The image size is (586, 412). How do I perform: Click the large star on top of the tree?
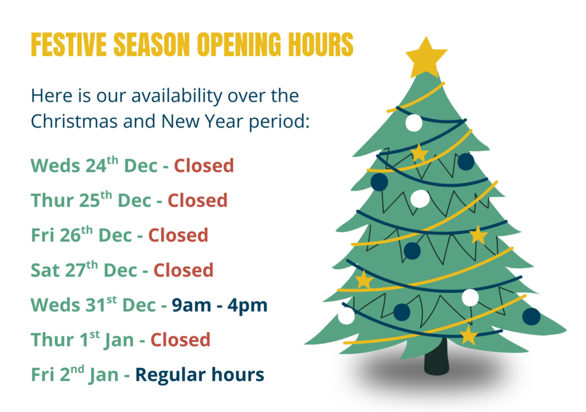(426, 57)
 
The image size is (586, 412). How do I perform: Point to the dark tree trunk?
(437, 358)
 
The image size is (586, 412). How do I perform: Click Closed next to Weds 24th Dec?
(204, 166)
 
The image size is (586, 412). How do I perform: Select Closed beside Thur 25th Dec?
(197, 201)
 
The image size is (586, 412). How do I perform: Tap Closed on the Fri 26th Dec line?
(179, 235)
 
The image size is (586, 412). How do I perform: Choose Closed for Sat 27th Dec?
(184, 270)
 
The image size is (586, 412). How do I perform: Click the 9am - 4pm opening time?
(220, 305)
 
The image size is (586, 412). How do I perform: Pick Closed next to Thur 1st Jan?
(180, 340)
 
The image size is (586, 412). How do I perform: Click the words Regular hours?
(200, 375)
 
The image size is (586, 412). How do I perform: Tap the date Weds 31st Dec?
(93, 305)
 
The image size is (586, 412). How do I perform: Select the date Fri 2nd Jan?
(75, 374)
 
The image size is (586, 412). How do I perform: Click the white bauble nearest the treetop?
(414, 123)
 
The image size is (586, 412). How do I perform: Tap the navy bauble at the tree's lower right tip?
(532, 317)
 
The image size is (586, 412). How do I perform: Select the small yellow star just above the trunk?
(469, 335)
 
